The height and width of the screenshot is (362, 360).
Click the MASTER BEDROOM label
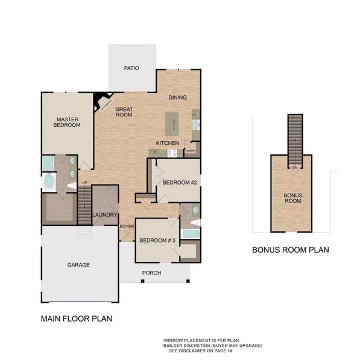point(64,122)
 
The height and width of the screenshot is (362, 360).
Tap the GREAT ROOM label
point(124,112)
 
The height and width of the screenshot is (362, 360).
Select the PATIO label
point(131,68)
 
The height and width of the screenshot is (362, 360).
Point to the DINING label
point(177,97)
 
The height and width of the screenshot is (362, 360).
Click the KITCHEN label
point(168,142)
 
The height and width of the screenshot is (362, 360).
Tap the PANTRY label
point(191,151)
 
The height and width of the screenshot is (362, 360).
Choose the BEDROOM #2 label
point(179,182)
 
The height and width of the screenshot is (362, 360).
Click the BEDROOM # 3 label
point(157,241)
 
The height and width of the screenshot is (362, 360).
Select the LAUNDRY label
point(104,215)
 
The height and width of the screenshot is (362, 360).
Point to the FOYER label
point(127,227)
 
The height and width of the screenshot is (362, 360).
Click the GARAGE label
point(78,265)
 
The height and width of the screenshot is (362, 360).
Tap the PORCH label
point(151,273)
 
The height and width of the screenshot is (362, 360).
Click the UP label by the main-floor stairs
point(84,182)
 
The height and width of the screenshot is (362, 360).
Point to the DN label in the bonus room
point(295,167)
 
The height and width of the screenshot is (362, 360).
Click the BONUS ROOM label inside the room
point(292,198)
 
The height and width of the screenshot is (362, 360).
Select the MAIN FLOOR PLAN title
point(76,318)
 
